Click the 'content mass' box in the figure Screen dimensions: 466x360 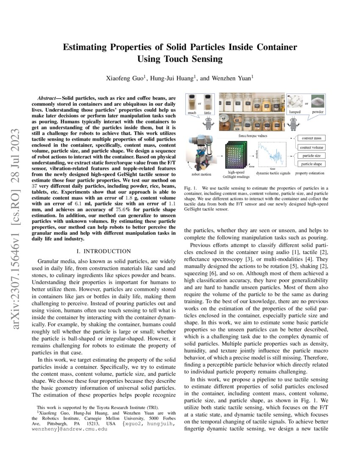pos(311,138)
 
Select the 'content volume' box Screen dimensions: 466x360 pos(311,147)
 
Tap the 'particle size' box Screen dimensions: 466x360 pos(311,156)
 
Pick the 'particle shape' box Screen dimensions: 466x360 pos(311,164)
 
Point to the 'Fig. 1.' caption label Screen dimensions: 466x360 pos(190,187)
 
